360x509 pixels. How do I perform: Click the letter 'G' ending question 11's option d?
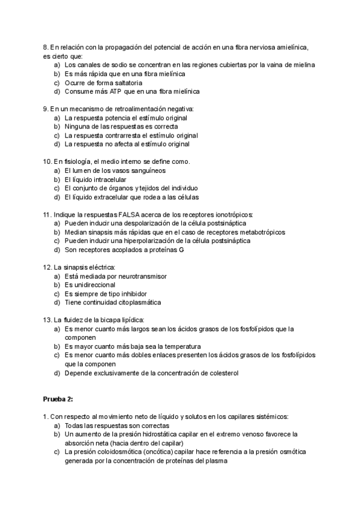[181, 250]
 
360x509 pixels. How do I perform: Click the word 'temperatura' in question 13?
[181, 346]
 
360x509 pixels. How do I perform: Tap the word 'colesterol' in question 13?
[223, 373]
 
